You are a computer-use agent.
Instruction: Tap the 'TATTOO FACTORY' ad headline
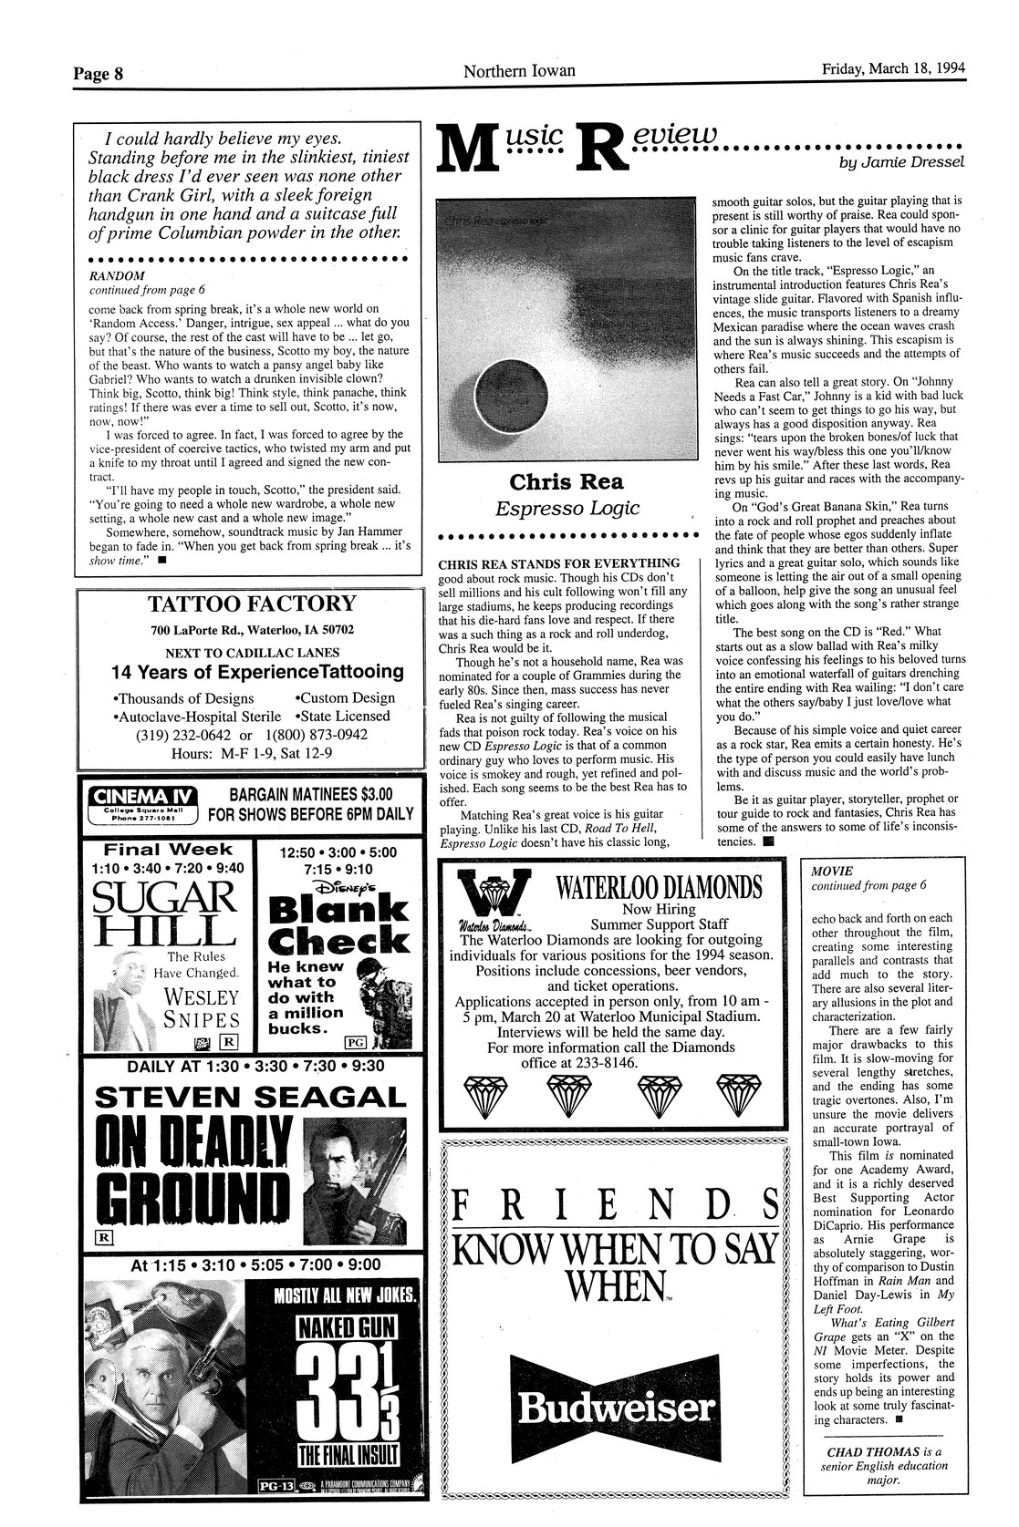pyautogui.click(x=252, y=604)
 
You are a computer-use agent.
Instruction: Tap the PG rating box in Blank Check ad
pyautogui.click(x=352, y=1041)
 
